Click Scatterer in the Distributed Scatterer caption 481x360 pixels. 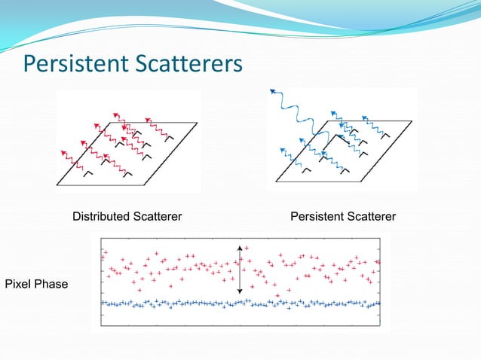(157, 217)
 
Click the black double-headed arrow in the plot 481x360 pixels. (240, 270)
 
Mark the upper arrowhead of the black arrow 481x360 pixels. (240, 248)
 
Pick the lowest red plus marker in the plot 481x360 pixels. (278, 294)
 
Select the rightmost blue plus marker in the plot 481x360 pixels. (376, 304)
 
